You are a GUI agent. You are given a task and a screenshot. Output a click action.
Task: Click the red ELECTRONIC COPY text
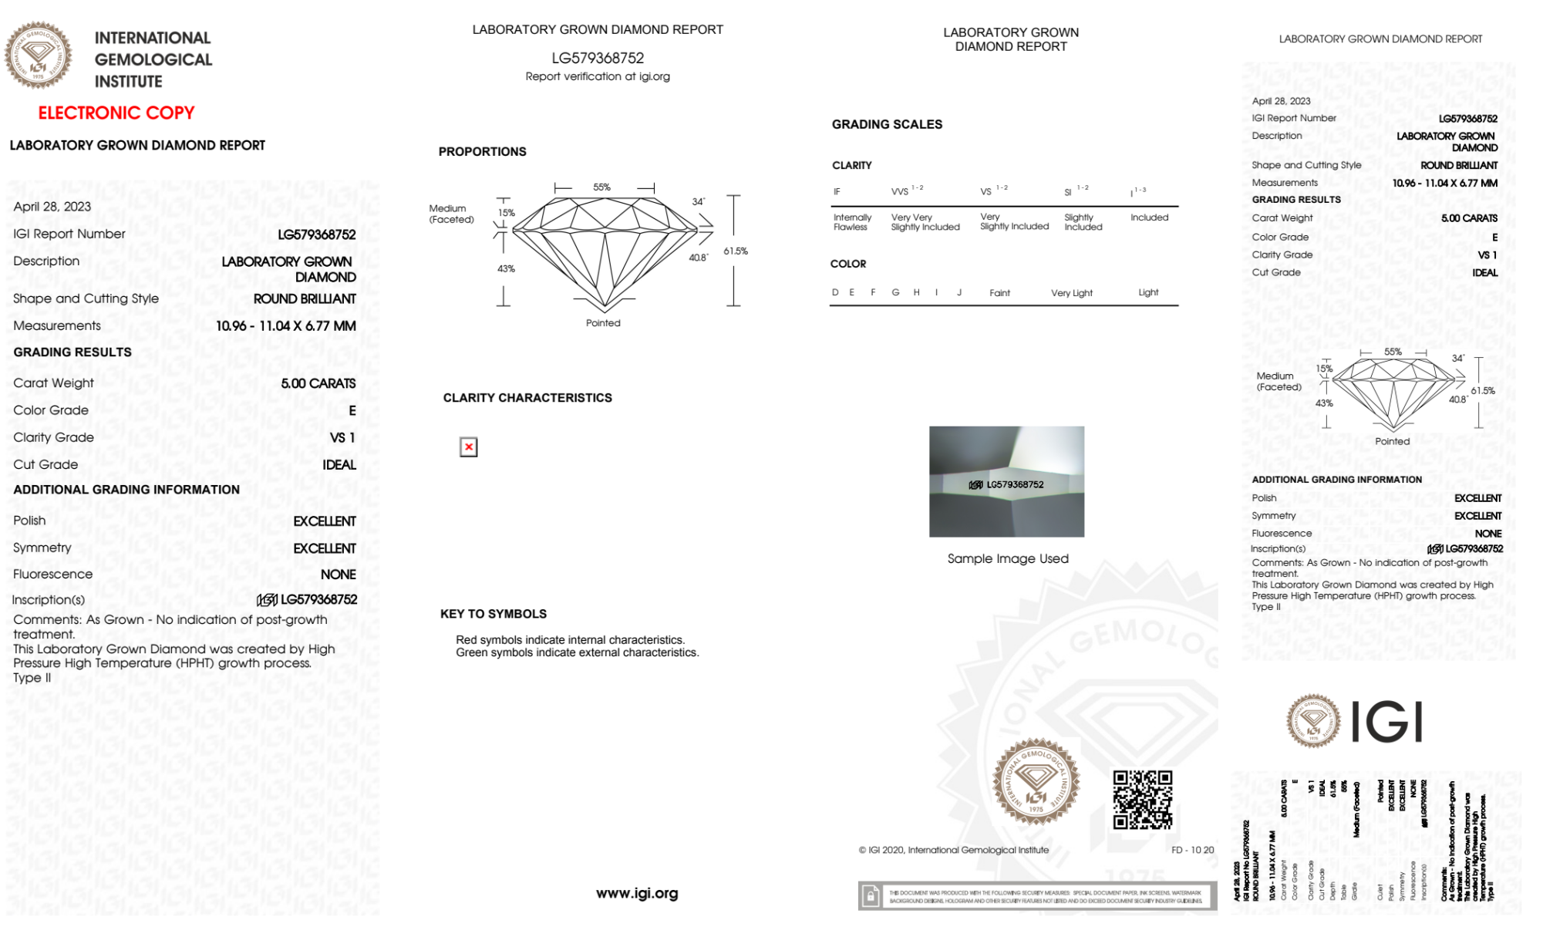click(x=116, y=113)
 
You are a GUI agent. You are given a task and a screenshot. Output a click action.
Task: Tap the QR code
click(x=1142, y=800)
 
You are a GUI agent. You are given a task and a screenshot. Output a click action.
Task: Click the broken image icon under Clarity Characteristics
click(x=468, y=447)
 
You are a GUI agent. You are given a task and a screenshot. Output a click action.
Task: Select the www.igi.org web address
click(x=637, y=893)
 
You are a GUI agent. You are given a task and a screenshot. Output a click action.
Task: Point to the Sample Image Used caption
click(x=1007, y=558)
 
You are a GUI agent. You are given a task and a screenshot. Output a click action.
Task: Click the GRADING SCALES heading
click(x=887, y=124)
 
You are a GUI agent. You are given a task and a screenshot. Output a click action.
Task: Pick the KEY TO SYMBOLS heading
click(x=493, y=614)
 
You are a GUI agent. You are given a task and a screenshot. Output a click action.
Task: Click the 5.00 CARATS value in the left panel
click(x=318, y=383)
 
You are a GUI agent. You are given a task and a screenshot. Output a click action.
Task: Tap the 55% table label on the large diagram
click(x=601, y=187)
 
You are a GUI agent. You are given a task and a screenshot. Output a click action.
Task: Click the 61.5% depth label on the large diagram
click(x=735, y=251)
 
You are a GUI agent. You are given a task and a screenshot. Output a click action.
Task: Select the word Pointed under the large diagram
click(x=602, y=323)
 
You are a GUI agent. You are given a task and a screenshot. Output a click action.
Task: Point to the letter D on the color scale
click(x=835, y=292)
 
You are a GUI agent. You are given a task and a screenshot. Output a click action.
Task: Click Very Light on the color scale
click(x=1071, y=293)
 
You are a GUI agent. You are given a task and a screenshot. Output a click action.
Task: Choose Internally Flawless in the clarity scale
click(x=852, y=222)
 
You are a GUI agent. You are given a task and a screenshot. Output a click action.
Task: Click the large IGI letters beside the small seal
click(x=1387, y=722)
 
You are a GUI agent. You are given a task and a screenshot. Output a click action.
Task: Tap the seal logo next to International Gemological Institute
click(x=38, y=55)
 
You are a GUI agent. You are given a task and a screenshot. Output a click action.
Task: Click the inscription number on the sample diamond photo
click(x=1014, y=484)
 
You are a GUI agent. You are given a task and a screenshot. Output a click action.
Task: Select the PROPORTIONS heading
click(x=482, y=152)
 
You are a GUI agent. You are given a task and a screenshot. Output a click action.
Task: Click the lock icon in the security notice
click(x=871, y=896)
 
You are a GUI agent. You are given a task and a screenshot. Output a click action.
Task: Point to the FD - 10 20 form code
click(x=1191, y=850)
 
